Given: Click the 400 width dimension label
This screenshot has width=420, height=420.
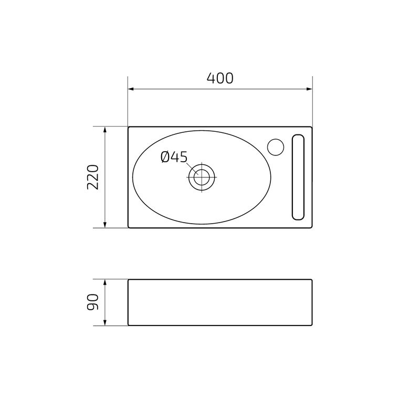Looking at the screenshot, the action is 220,78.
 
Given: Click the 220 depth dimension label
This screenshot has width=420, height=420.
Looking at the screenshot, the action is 93,177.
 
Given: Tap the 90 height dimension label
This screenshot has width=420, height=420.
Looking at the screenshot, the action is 93,302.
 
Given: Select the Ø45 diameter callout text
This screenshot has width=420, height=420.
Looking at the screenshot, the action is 174,157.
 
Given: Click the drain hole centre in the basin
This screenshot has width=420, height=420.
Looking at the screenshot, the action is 202,177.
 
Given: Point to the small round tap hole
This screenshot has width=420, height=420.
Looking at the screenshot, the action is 276,147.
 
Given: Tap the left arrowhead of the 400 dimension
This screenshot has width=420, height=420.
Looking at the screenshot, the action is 131,89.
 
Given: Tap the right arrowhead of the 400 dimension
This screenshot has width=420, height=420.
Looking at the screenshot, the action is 309,89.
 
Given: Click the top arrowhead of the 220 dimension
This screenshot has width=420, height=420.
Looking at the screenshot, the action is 105,130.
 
